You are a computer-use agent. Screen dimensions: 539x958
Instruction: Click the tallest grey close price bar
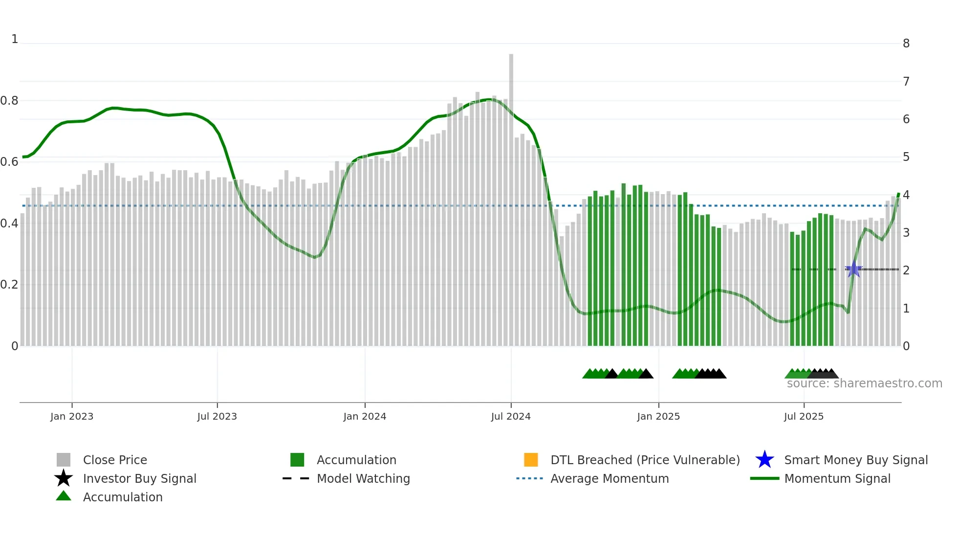point(511,196)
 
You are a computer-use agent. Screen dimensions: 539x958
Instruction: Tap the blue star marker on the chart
point(853,269)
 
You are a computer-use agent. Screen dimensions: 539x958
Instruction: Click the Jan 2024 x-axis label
point(365,416)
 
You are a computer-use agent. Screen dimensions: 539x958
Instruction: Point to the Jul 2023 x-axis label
point(217,416)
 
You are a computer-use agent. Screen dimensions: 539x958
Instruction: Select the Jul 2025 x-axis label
point(804,416)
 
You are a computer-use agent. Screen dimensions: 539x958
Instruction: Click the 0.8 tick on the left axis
point(9,101)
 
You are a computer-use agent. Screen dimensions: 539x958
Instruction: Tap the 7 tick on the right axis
point(906,81)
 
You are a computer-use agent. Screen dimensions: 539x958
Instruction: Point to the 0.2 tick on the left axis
point(9,285)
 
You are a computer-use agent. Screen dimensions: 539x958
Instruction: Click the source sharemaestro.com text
point(864,383)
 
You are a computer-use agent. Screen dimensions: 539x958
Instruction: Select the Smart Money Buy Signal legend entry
point(855,460)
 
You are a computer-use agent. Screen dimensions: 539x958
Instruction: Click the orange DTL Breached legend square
point(531,460)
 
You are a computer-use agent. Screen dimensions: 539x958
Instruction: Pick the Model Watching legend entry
point(363,478)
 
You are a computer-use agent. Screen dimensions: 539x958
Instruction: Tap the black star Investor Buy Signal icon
point(64,478)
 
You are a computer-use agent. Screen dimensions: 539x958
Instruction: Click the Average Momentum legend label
point(609,478)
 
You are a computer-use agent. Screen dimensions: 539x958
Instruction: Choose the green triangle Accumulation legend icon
point(64,496)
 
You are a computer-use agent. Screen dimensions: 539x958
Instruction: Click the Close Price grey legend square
point(64,460)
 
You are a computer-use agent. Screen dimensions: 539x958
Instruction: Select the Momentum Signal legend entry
point(837,478)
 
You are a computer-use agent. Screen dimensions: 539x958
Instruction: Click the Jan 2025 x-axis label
point(658,416)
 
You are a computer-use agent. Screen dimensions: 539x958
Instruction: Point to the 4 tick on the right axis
point(906,195)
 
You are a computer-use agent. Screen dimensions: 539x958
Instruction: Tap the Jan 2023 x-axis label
point(72,416)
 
